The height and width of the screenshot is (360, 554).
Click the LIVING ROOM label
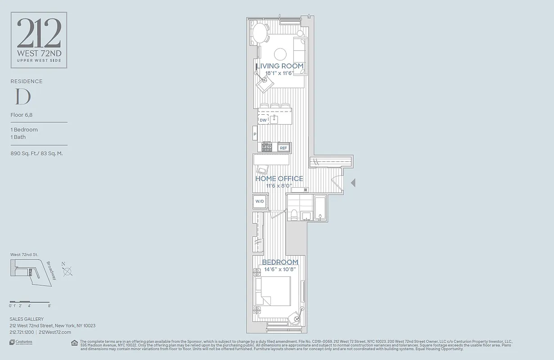click(x=280, y=66)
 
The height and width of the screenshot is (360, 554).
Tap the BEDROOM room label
click(x=280, y=262)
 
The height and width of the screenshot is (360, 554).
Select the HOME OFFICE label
click(x=279, y=179)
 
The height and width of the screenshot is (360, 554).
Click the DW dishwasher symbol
click(x=263, y=120)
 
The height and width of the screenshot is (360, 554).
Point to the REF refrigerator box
click(x=283, y=148)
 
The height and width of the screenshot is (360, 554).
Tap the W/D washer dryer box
click(x=259, y=201)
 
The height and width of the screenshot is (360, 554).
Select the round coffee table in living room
click(x=280, y=54)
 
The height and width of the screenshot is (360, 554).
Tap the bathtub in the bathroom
click(x=320, y=208)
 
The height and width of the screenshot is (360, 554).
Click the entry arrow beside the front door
click(x=353, y=183)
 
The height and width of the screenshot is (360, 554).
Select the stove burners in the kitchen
click(x=267, y=147)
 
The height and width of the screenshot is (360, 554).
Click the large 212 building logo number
click(x=39, y=34)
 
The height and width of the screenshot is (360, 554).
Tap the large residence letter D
click(x=22, y=97)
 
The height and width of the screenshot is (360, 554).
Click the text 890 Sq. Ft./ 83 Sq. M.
click(x=36, y=153)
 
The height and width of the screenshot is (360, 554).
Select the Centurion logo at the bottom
click(x=21, y=342)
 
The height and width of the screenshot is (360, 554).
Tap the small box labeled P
click(x=255, y=134)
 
